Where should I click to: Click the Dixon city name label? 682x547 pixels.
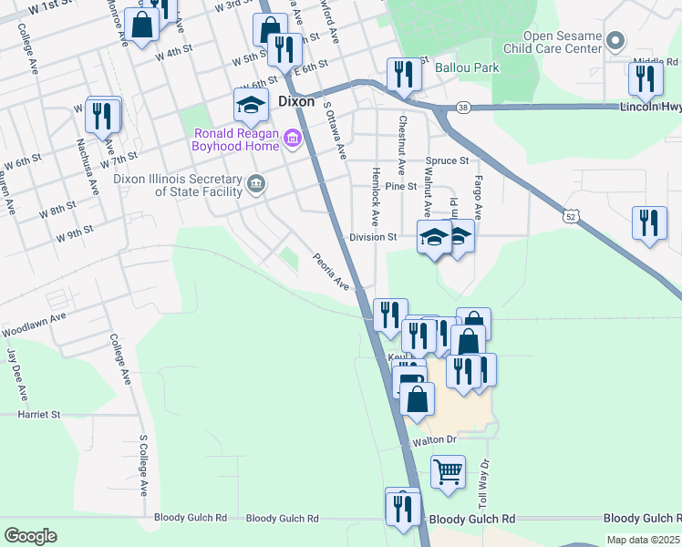[x=295, y=102]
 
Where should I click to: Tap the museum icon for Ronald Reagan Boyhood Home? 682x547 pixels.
[x=293, y=139]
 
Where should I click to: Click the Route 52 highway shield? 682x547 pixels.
[x=570, y=215]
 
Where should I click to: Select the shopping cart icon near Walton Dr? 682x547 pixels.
[x=448, y=473]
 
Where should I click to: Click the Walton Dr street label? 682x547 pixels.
[x=432, y=440]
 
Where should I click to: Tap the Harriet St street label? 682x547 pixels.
[x=38, y=414]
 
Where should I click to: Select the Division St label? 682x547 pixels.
[x=373, y=237]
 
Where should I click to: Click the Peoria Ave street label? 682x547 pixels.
[x=332, y=271]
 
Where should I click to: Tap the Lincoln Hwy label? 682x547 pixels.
[x=650, y=107]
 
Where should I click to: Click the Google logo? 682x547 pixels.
[x=30, y=536]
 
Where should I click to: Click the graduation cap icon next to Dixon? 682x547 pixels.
[x=251, y=105]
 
